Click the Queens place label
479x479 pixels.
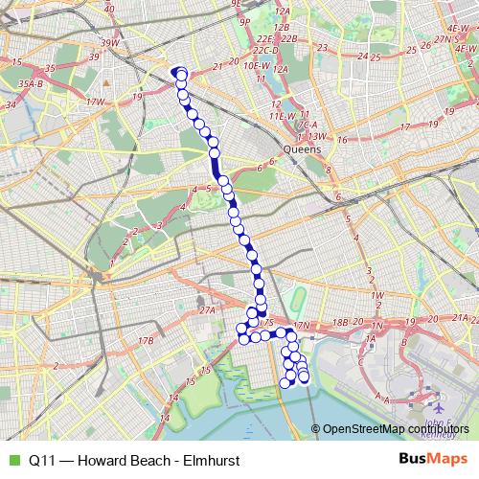(305, 150)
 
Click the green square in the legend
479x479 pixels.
(12, 460)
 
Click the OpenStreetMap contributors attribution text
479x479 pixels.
(396, 429)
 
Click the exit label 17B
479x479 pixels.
(146, 340)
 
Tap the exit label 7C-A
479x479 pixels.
(308, 125)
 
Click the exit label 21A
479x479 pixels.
(462, 317)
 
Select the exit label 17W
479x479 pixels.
(95, 102)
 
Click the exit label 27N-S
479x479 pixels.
(443, 39)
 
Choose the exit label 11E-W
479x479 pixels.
(281, 116)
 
